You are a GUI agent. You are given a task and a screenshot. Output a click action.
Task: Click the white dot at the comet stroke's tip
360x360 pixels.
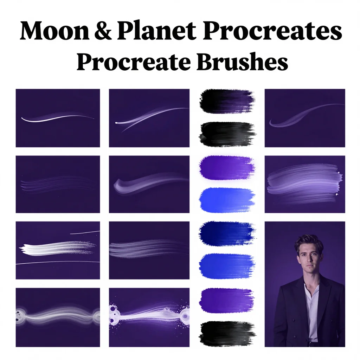[116, 123]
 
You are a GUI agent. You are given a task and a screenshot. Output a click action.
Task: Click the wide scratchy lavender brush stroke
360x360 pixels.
[304, 182]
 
